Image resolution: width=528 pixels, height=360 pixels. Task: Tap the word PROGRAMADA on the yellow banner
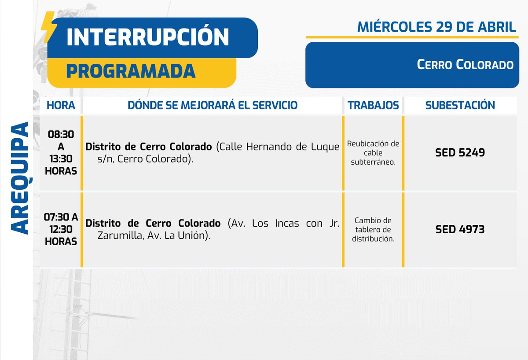(x=131, y=71)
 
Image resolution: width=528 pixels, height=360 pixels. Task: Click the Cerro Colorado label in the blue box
(x=465, y=65)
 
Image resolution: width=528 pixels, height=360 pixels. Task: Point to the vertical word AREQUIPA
(x=19, y=178)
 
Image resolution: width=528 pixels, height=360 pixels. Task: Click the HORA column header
(x=61, y=105)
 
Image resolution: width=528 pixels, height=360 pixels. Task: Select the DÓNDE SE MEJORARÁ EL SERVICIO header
(x=212, y=105)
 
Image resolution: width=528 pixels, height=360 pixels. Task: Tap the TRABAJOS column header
(x=373, y=105)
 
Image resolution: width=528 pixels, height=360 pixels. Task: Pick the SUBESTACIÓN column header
(x=460, y=105)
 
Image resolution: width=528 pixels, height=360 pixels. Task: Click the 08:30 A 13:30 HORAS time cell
(x=61, y=152)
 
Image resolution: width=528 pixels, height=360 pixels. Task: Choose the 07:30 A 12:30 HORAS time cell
(x=61, y=229)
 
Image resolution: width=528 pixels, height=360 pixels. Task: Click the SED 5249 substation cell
(x=460, y=153)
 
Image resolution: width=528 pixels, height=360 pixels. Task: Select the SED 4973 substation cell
(x=460, y=229)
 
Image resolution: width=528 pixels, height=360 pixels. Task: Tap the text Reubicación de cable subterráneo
(x=373, y=153)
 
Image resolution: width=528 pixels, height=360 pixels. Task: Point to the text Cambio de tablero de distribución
(x=373, y=229)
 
